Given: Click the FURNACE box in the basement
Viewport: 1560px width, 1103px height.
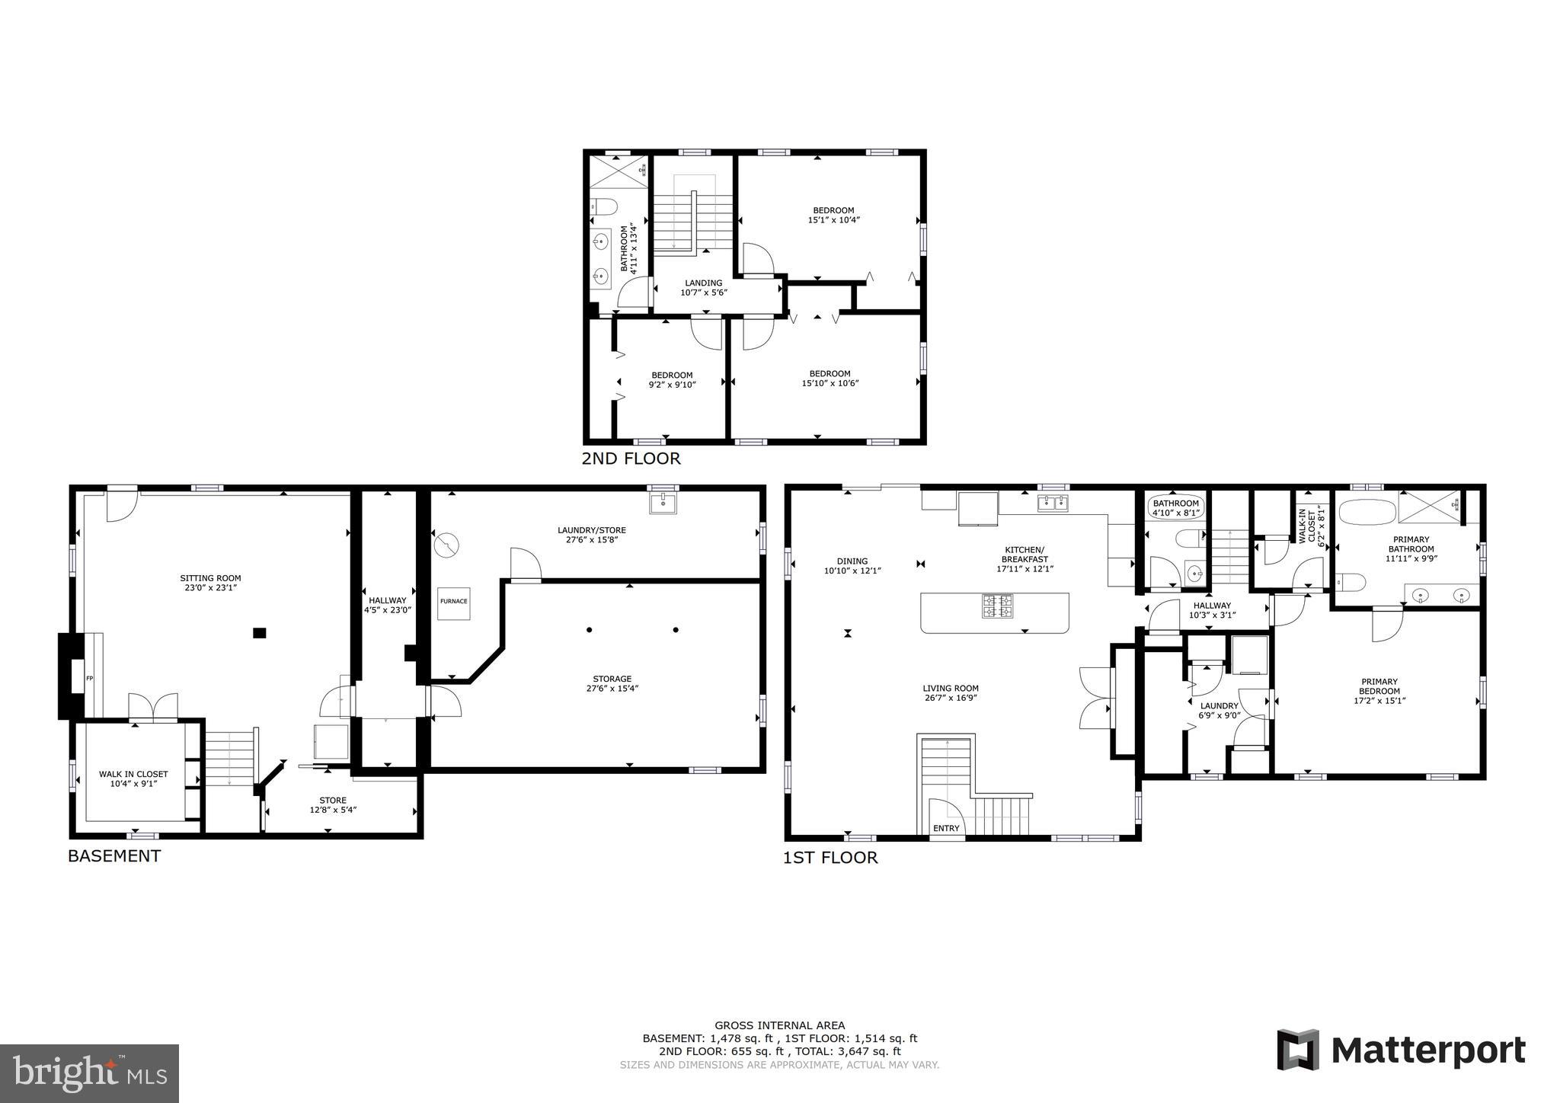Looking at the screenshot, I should (453, 602).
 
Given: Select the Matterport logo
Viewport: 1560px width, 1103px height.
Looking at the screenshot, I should (1401, 1050).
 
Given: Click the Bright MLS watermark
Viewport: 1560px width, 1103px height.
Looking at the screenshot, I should (89, 1073).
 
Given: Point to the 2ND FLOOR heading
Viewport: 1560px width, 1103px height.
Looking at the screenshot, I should (631, 459).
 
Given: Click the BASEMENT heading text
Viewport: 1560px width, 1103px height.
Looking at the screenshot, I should (114, 855).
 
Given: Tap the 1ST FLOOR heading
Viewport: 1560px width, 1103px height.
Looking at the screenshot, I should (830, 858).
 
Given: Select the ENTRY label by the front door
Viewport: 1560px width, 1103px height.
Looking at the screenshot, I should (946, 829).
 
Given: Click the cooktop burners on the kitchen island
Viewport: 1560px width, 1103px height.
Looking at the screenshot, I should (996, 607).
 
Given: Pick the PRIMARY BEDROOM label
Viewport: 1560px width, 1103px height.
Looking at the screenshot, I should (1379, 686).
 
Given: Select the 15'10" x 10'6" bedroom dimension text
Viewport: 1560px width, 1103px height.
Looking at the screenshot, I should (830, 383).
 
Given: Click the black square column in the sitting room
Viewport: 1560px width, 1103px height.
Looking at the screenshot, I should (260, 632).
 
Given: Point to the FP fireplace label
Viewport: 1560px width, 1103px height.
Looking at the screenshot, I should (89, 678).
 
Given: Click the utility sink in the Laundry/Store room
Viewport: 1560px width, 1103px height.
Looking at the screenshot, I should (663, 502).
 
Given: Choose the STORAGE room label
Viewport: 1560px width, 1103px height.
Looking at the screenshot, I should (612, 679).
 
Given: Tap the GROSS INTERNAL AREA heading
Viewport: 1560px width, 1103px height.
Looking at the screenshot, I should (779, 1025).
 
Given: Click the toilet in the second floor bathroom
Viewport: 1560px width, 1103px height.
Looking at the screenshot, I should (603, 206).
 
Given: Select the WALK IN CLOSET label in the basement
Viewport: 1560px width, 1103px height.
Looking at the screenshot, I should (133, 774).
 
